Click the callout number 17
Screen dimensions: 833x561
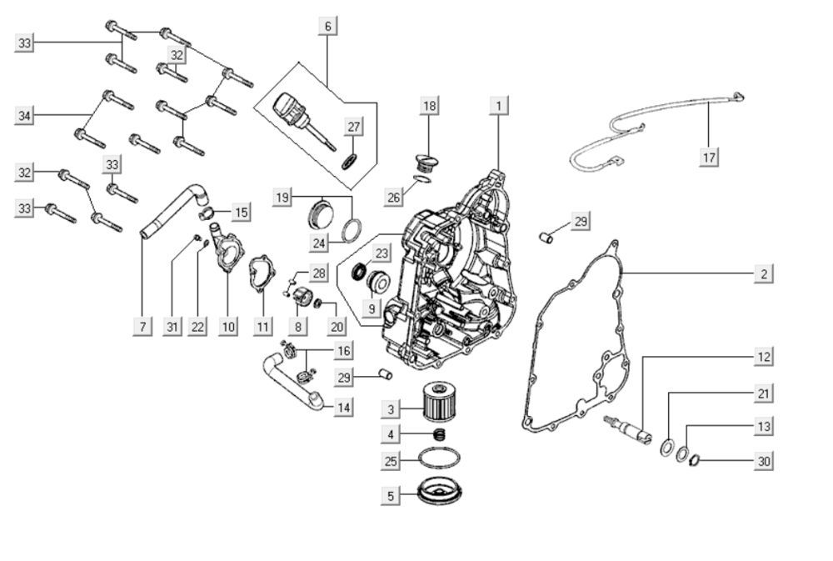coord(709,158)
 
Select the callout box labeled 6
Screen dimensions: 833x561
coord(327,26)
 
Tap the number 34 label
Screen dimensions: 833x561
coord(24,115)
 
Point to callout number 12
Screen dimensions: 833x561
coord(763,356)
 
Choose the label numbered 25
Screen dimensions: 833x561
coord(391,460)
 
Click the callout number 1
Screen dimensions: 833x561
coord(498,105)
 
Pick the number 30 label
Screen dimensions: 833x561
coord(763,460)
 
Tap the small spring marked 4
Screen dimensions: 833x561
coord(439,434)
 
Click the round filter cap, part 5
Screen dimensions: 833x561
coord(439,492)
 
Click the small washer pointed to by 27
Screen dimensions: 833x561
coord(348,162)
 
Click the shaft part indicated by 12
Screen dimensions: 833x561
coord(628,429)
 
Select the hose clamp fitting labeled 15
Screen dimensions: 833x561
coord(206,213)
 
